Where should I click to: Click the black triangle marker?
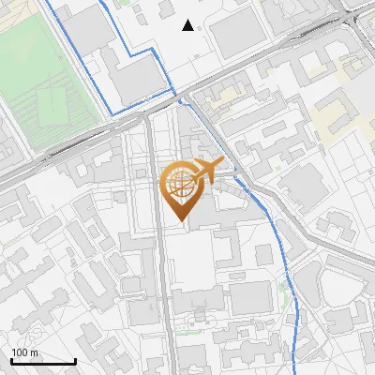(188, 25)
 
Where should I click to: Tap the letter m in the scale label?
(35, 352)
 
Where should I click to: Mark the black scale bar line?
(43, 362)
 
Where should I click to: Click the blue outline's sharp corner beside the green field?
(113, 113)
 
